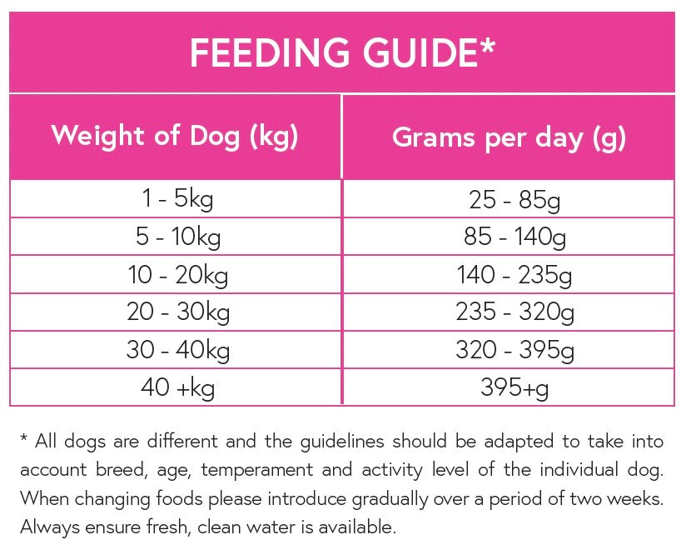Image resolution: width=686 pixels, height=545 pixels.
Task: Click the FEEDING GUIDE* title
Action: [342, 52]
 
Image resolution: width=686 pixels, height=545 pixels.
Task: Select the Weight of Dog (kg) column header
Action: [175, 136]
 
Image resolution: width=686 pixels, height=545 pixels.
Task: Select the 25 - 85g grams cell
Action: [509, 200]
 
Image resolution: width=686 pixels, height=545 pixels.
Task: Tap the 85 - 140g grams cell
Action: [509, 237]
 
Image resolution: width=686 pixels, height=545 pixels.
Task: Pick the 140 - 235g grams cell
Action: [509, 275]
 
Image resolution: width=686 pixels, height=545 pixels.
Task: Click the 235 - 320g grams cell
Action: [509, 312]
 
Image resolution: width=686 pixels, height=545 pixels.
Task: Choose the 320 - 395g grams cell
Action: [509, 350]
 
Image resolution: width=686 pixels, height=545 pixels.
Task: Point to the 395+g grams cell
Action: [509, 387]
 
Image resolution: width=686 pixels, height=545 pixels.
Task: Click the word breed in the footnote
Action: [125, 470]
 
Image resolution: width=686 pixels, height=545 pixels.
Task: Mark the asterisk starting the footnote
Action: [25, 438]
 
